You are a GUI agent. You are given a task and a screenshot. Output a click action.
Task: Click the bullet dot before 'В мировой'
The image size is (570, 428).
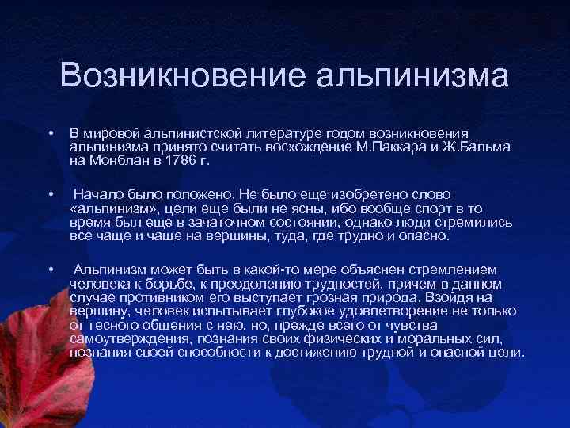pos(50,133)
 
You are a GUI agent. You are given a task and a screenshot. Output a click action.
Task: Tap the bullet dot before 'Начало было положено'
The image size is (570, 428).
pos(50,191)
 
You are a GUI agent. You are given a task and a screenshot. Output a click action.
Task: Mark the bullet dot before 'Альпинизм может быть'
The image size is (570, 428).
pos(50,271)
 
